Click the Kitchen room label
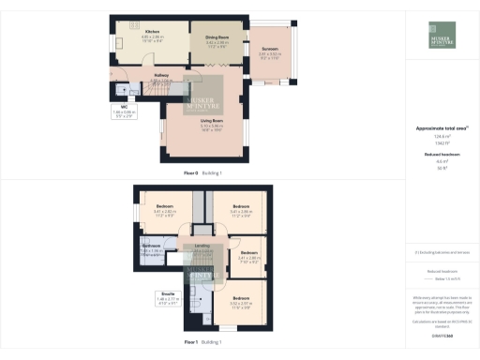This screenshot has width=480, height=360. [x=138, y=31]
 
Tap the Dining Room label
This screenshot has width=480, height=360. [x=217, y=37]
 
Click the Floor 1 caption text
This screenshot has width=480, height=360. [x=191, y=342]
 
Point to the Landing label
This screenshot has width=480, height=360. [x=202, y=246]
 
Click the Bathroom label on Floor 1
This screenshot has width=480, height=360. [x=152, y=246]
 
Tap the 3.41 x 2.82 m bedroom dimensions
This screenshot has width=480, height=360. [x=164, y=211]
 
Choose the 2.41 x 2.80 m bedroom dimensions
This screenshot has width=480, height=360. [x=248, y=258]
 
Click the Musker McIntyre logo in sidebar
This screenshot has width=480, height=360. [x=439, y=32]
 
